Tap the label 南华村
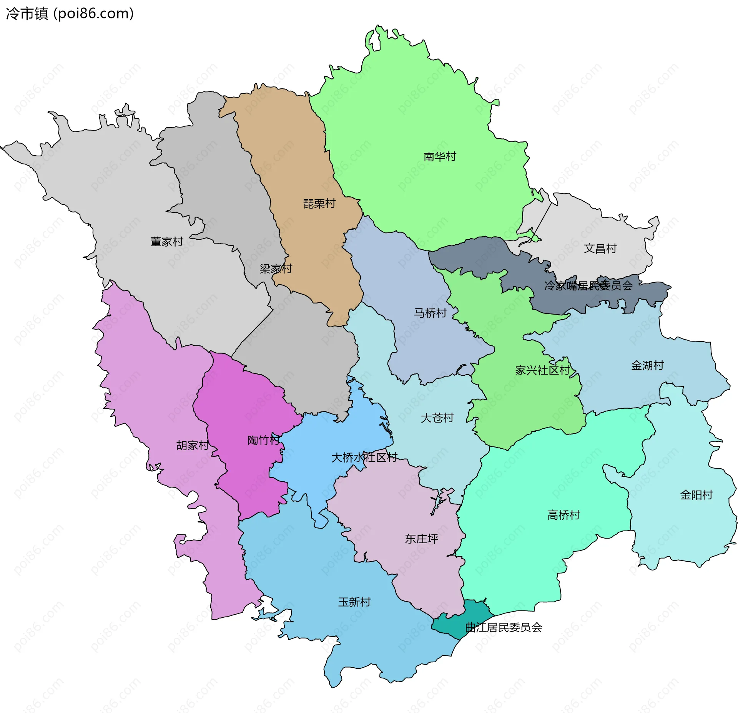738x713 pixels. click(x=440, y=157)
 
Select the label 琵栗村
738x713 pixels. click(x=319, y=204)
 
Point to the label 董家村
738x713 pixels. click(x=166, y=242)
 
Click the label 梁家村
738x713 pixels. click(x=276, y=269)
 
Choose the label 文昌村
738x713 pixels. click(x=600, y=249)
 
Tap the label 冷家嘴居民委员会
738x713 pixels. click(x=588, y=286)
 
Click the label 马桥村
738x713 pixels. click(x=430, y=313)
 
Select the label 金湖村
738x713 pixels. click(x=647, y=366)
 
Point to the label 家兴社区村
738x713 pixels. click(x=542, y=371)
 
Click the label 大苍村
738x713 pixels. click(x=437, y=418)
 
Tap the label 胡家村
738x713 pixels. click(x=192, y=446)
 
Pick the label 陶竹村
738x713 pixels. click(x=263, y=441)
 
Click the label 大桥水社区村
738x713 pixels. click(x=364, y=458)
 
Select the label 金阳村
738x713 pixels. click(x=696, y=495)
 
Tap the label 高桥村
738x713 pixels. click(x=563, y=515)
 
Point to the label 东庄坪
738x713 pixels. click(x=421, y=539)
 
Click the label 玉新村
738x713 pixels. click(x=354, y=602)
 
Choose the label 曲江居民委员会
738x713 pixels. click(x=504, y=628)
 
